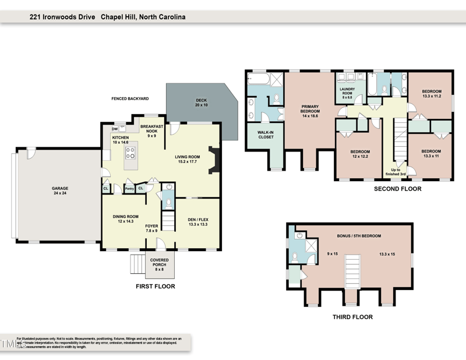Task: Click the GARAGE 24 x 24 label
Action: [x=60, y=191]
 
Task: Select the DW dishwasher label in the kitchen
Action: [x=115, y=129]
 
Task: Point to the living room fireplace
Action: [x=214, y=160]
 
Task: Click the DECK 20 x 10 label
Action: [x=201, y=103]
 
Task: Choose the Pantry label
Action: [x=129, y=188]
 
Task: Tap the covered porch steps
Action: [x=137, y=263]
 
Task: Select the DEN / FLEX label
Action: [x=199, y=222]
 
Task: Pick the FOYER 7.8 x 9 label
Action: [x=151, y=228]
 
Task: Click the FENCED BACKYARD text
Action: [x=130, y=99]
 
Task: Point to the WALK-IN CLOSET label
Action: [x=266, y=135]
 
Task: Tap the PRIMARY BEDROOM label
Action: [x=310, y=110]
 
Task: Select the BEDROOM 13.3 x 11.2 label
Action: [x=432, y=94]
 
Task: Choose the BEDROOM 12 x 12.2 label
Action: [x=360, y=155]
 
